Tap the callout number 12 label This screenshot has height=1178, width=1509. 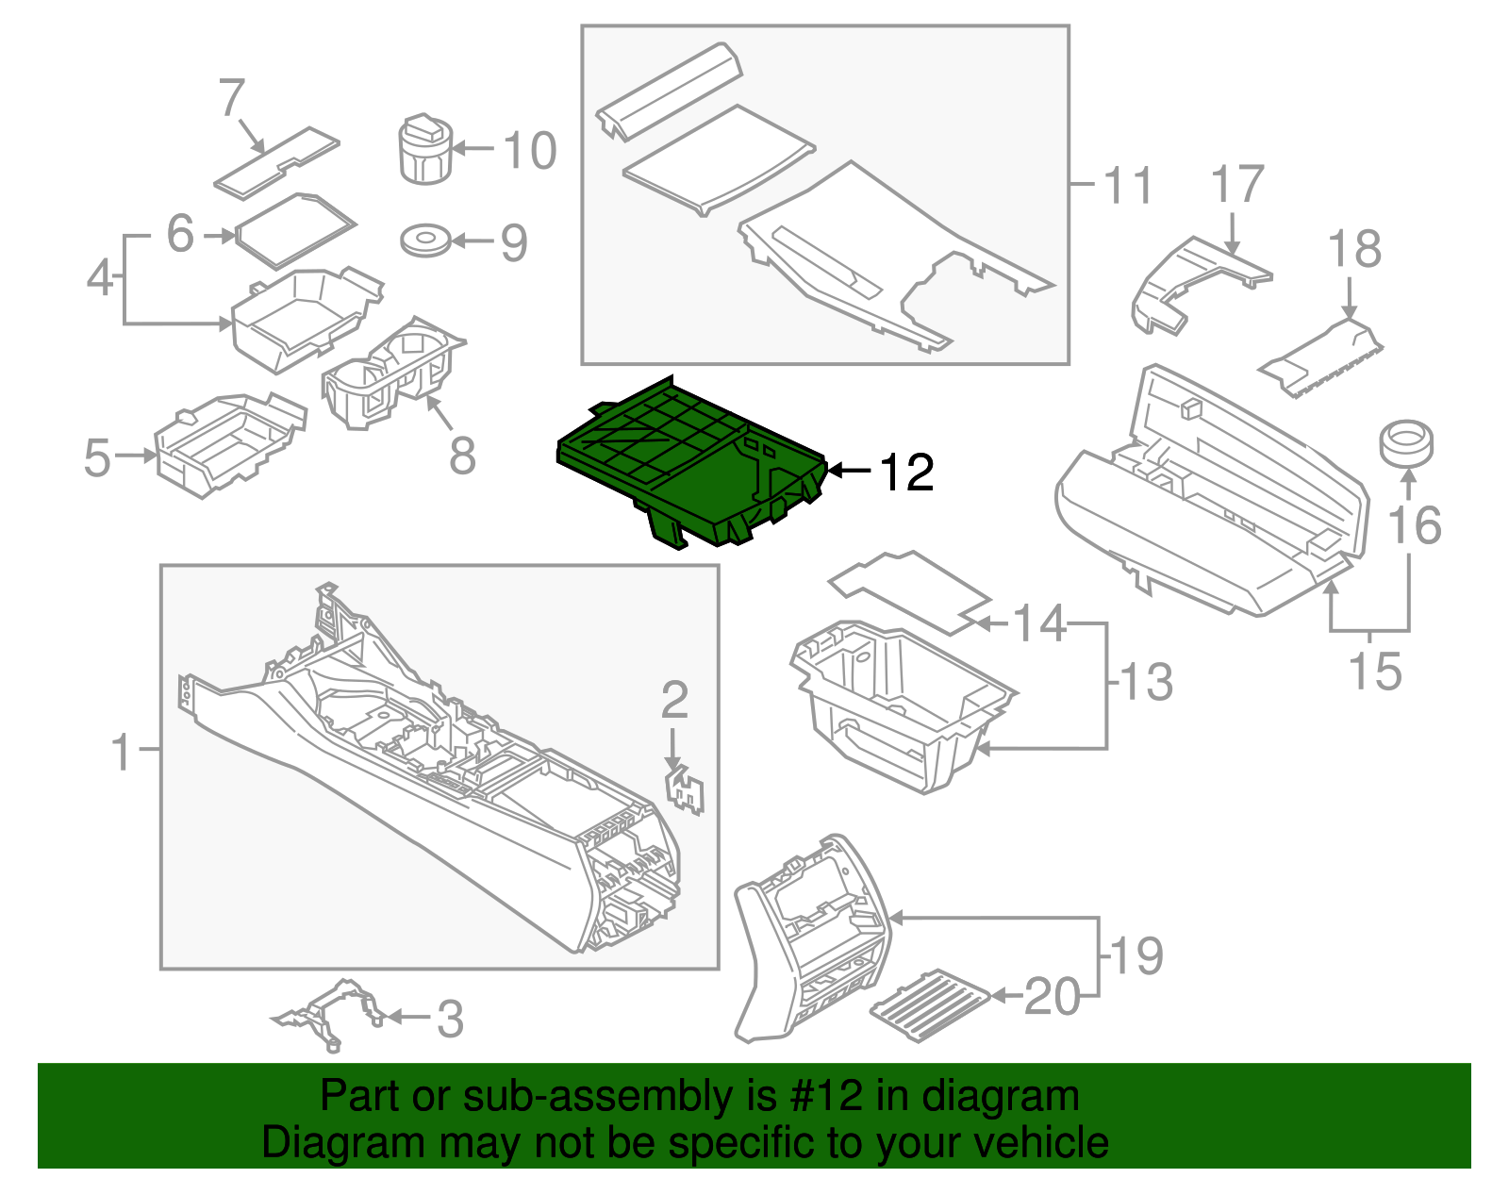point(906,472)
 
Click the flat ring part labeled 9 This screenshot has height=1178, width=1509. point(425,241)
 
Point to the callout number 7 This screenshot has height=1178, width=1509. point(232,99)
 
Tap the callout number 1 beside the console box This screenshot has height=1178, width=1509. point(122,752)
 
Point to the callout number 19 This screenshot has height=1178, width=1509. point(1136,956)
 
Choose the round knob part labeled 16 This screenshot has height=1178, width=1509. point(1406,444)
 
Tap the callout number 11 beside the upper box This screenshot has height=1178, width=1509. point(1128,185)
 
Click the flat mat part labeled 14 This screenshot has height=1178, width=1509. point(910,590)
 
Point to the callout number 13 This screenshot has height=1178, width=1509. point(1146,682)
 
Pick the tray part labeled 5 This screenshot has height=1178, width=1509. point(226,443)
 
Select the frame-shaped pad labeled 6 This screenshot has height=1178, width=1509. point(294,229)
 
